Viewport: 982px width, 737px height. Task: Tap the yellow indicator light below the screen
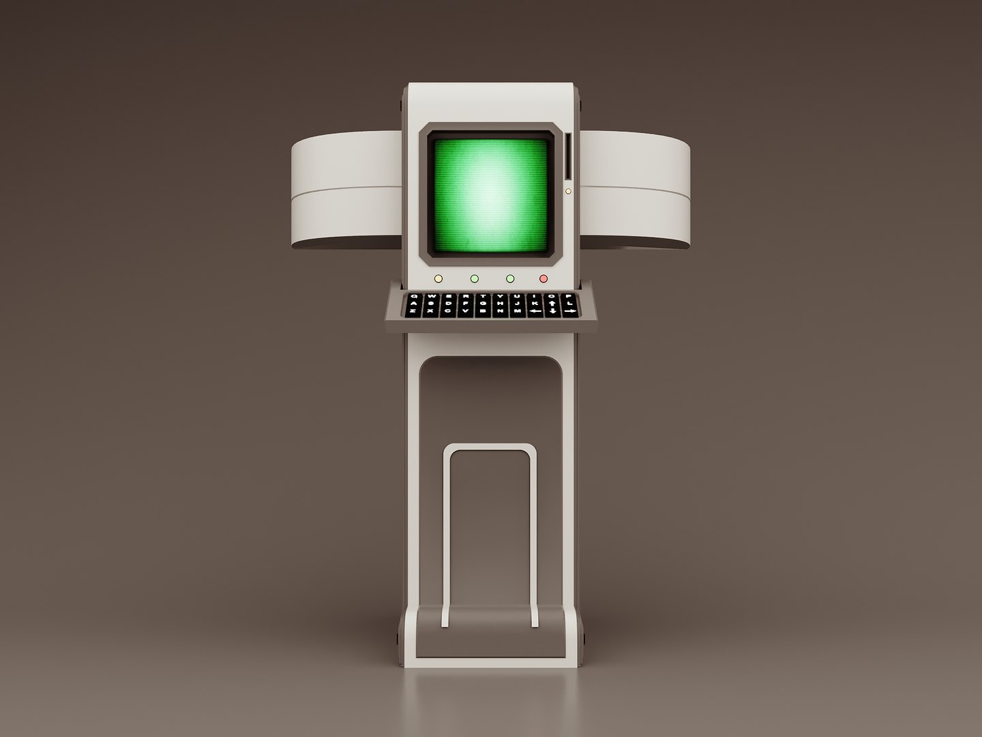[438, 278]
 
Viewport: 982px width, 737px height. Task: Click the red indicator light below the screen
[544, 278]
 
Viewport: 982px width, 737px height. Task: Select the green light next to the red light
[509, 278]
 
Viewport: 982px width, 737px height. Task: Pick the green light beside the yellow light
[474, 278]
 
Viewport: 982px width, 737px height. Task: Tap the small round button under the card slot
[568, 192]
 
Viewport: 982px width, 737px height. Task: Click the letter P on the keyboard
[569, 296]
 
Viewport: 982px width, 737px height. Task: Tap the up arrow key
[552, 303]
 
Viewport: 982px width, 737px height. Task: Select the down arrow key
[552, 311]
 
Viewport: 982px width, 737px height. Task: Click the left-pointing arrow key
[535, 311]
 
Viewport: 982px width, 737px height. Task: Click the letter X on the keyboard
[430, 311]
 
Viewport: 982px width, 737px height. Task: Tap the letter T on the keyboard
[482, 296]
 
